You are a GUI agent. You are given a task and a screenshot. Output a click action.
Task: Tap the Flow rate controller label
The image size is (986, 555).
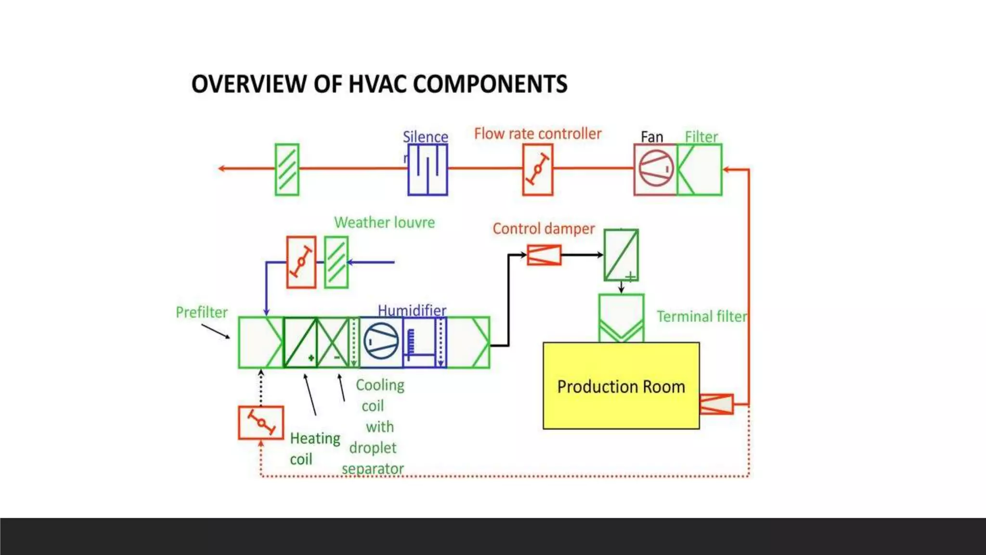(537, 133)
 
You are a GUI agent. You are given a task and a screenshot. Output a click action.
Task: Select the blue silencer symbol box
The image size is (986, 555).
(428, 170)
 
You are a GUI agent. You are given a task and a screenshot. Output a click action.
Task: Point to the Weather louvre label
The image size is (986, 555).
(384, 223)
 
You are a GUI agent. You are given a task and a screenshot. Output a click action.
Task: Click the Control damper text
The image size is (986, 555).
(543, 228)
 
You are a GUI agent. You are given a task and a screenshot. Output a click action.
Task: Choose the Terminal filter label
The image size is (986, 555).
(701, 317)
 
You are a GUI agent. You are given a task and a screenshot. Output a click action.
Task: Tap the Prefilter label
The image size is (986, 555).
(201, 312)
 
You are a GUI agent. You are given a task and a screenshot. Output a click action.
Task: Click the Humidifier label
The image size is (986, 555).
(412, 310)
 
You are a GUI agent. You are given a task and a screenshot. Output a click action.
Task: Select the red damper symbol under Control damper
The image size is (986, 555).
(544, 255)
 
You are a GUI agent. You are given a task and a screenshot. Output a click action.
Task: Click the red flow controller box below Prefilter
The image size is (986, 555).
(261, 423)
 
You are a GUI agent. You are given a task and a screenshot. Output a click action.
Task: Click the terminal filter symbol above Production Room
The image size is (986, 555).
(621, 318)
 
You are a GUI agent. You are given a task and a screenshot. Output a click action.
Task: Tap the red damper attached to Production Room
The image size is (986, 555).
(716, 404)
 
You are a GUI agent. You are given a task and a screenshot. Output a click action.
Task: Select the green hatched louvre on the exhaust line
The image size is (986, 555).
(287, 170)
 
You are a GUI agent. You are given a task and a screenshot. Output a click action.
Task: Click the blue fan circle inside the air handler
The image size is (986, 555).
(381, 341)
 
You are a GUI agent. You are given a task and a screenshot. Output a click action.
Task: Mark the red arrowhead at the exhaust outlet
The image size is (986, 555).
(221, 168)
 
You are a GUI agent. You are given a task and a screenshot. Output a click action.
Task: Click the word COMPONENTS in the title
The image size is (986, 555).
(490, 84)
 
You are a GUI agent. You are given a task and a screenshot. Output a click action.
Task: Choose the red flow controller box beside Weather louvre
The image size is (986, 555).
(301, 262)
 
